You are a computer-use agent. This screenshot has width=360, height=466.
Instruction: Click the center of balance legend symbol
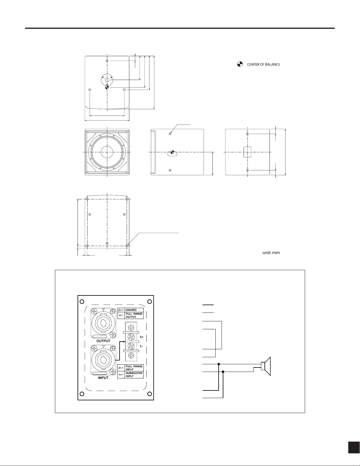pyautogui.click(x=240, y=64)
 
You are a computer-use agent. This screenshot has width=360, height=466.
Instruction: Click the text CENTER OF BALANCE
pyautogui.click(x=263, y=64)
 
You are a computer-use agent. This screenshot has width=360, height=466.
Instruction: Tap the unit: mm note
pyautogui.click(x=271, y=253)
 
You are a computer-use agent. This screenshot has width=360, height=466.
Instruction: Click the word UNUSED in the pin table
pyautogui.click(x=131, y=310)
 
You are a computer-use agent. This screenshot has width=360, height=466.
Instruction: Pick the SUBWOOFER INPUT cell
pyautogui.click(x=134, y=375)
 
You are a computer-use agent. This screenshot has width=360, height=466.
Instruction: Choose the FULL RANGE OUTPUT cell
pyautogui.click(x=134, y=315)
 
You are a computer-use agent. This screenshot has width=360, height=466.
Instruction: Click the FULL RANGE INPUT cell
pyautogui.click(x=134, y=368)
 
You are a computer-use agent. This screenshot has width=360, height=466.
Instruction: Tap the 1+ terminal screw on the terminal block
pyautogui.click(x=131, y=336)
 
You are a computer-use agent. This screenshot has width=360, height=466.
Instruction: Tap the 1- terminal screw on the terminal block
pyautogui.click(x=131, y=346)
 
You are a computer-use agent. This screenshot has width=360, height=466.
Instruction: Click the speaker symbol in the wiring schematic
pyautogui.click(x=266, y=366)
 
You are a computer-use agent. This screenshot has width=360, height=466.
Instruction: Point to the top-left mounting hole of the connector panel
pyautogui.click(x=82, y=302)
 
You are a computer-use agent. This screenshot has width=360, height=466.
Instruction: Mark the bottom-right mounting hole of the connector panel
pyautogui.click(x=150, y=393)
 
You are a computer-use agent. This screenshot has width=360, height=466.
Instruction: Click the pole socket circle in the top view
pyautogui.click(x=107, y=80)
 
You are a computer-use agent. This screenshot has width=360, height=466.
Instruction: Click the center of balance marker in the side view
pyautogui.click(x=172, y=153)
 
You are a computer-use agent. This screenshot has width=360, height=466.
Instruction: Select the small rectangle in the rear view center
pyautogui.click(x=247, y=152)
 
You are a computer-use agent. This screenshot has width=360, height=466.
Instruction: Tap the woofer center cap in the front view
pyautogui.click(x=107, y=152)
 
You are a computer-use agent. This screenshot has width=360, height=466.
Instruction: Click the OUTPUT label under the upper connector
pyautogui.click(x=103, y=341)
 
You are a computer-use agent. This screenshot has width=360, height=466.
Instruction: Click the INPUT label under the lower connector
pyautogui.click(x=103, y=378)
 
